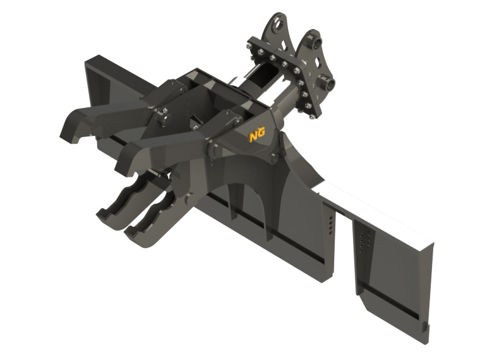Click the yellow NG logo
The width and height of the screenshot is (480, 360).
[x=255, y=135]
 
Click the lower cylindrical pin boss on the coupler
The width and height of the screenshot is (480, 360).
[x=328, y=83]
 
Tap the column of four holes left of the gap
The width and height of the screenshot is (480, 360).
[x=330, y=225]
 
